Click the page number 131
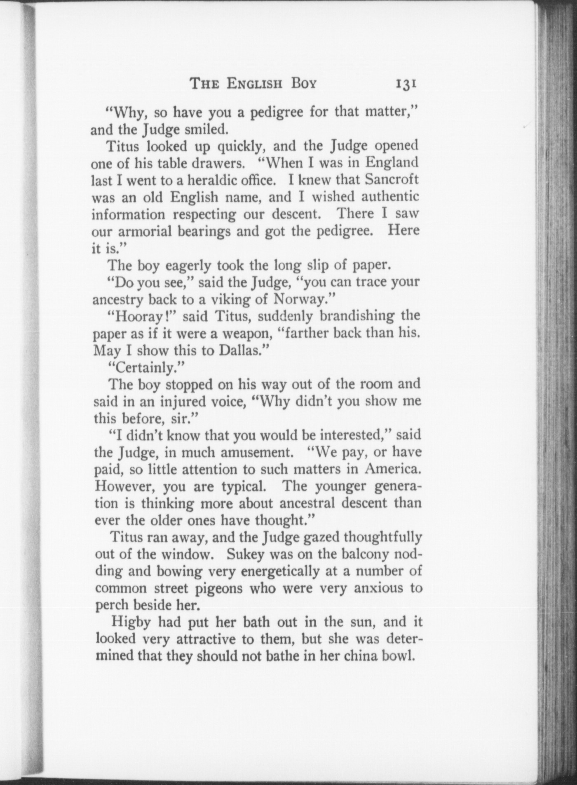(406, 84)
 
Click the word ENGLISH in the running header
(254, 84)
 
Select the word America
(391, 469)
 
